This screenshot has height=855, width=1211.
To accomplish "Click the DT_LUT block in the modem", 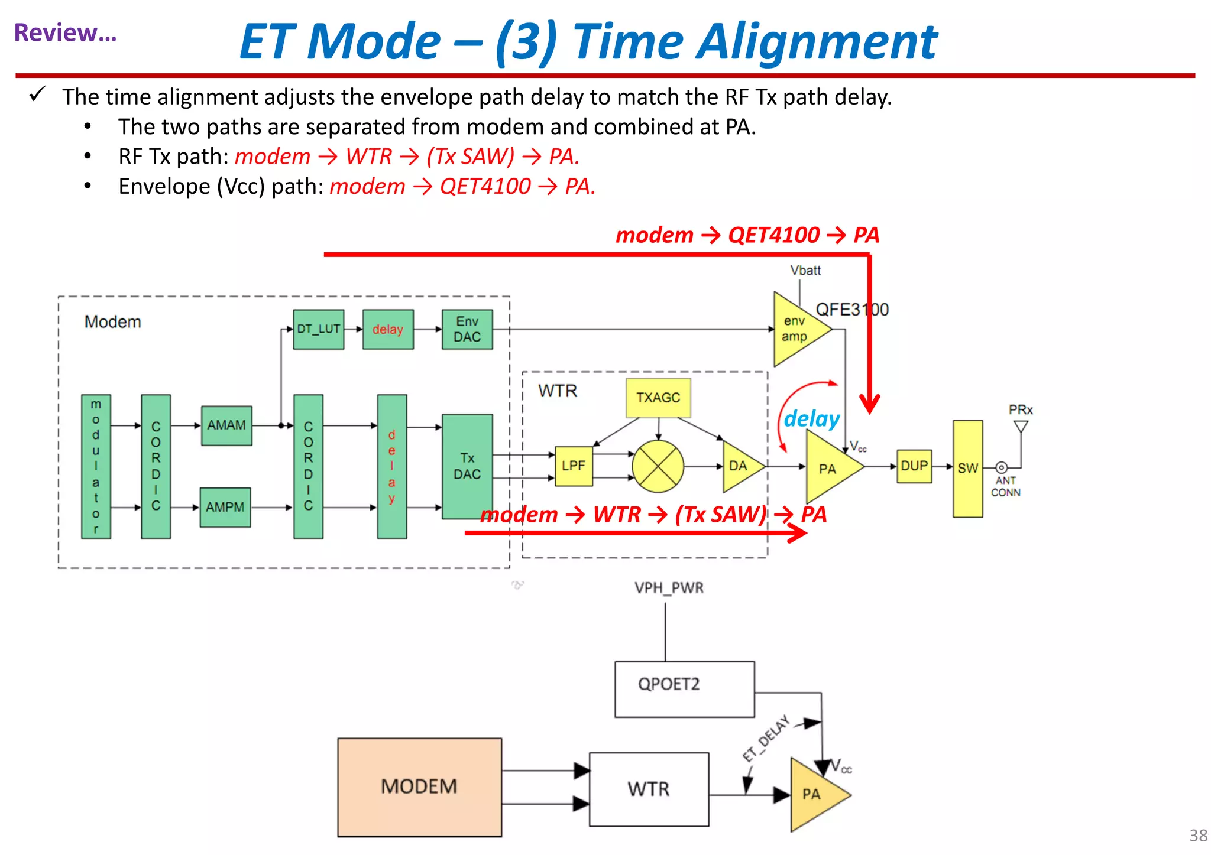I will coord(319,329).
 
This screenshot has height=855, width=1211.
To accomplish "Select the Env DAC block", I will coord(467,329).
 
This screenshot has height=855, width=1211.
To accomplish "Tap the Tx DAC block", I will coord(467,466).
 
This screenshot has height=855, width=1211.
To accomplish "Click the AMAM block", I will coord(226,425).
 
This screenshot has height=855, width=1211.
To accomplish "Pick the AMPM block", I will coord(225,507).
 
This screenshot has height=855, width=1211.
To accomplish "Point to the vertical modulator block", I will coord(96,466).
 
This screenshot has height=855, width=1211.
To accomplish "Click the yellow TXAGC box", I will coord(658,398).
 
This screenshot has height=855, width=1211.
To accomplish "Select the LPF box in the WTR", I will coord(574,466).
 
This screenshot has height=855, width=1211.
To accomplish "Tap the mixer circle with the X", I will coord(658,466).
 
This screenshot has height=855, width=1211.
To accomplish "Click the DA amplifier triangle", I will coord(739,466).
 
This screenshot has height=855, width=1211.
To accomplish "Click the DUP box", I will coord(914,466).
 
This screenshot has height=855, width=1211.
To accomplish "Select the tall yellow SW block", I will coord(968,469).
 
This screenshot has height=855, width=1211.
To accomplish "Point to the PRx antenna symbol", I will coord(1021,425).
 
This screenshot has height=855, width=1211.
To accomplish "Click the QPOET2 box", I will coord(684,689).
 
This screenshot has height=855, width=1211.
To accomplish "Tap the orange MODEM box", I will coord(419,786).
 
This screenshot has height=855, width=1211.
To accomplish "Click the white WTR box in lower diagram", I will coord(649,789).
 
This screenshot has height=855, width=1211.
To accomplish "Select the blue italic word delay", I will coord(811,419).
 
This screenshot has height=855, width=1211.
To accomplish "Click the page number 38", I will coord(1198,835).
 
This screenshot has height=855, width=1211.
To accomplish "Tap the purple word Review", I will coord(65,32).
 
